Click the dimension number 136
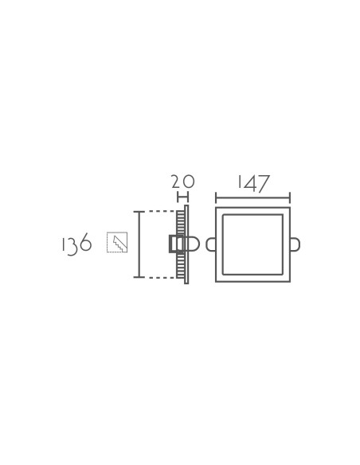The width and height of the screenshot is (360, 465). tap(76, 244)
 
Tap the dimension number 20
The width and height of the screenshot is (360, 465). tap(183, 182)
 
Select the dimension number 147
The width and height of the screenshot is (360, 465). tap(254, 184)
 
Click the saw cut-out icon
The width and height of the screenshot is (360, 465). tap(117, 242)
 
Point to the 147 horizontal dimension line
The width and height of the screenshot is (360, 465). tap(252, 197)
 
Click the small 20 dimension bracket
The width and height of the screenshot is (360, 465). tap(182, 197)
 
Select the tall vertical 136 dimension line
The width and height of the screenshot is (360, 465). tap(139, 244)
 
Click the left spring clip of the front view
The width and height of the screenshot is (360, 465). tap(210, 244)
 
